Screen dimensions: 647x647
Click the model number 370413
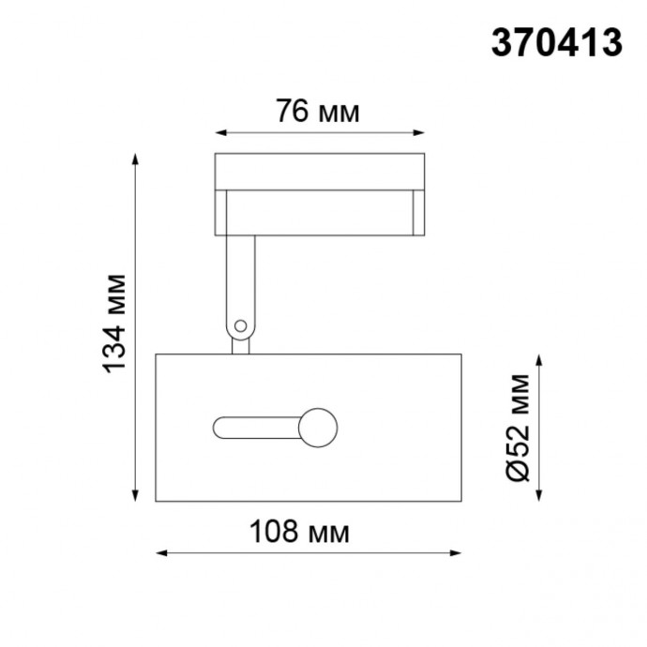(x=557, y=41)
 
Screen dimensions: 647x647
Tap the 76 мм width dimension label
(x=317, y=112)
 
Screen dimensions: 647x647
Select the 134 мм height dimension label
(x=114, y=323)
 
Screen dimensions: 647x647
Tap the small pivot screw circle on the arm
(x=240, y=326)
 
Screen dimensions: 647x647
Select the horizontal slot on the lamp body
(x=255, y=428)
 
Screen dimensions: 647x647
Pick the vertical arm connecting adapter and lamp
(x=239, y=281)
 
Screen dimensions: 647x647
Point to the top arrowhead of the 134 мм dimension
(x=138, y=158)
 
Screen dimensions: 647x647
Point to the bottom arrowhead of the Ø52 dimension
(x=540, y=496)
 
